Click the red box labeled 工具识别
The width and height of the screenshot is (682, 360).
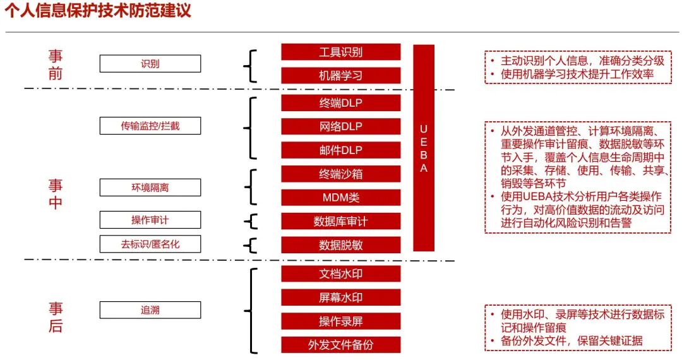coord(340,52)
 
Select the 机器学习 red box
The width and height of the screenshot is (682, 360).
coord(340,76)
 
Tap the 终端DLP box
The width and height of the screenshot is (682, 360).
coord(340,103)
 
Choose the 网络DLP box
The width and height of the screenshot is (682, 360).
coord(340,126)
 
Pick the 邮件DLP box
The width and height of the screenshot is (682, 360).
coord(340,150)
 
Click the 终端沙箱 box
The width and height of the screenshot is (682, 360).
coord(340,174)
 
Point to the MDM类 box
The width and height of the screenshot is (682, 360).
coord(340,197)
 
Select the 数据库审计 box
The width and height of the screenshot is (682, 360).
coord(340,221)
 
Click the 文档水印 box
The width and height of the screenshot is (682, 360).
coord(340,273)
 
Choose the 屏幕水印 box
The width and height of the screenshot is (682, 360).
coord(340,297)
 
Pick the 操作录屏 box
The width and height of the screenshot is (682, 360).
coord(340,321)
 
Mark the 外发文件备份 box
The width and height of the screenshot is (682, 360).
coord(340,345)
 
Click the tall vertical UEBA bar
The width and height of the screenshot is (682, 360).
coord(424,148)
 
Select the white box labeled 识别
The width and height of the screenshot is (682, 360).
coord(150,64)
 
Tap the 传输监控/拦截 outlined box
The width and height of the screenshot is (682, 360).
coord(150,126)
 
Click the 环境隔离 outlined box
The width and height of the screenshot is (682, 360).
coord(150,188)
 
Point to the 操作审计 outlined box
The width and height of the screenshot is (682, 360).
coord(150,220)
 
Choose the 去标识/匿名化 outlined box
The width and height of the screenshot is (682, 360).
coord(150,244)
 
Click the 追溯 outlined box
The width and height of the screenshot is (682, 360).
coord(150,310)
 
